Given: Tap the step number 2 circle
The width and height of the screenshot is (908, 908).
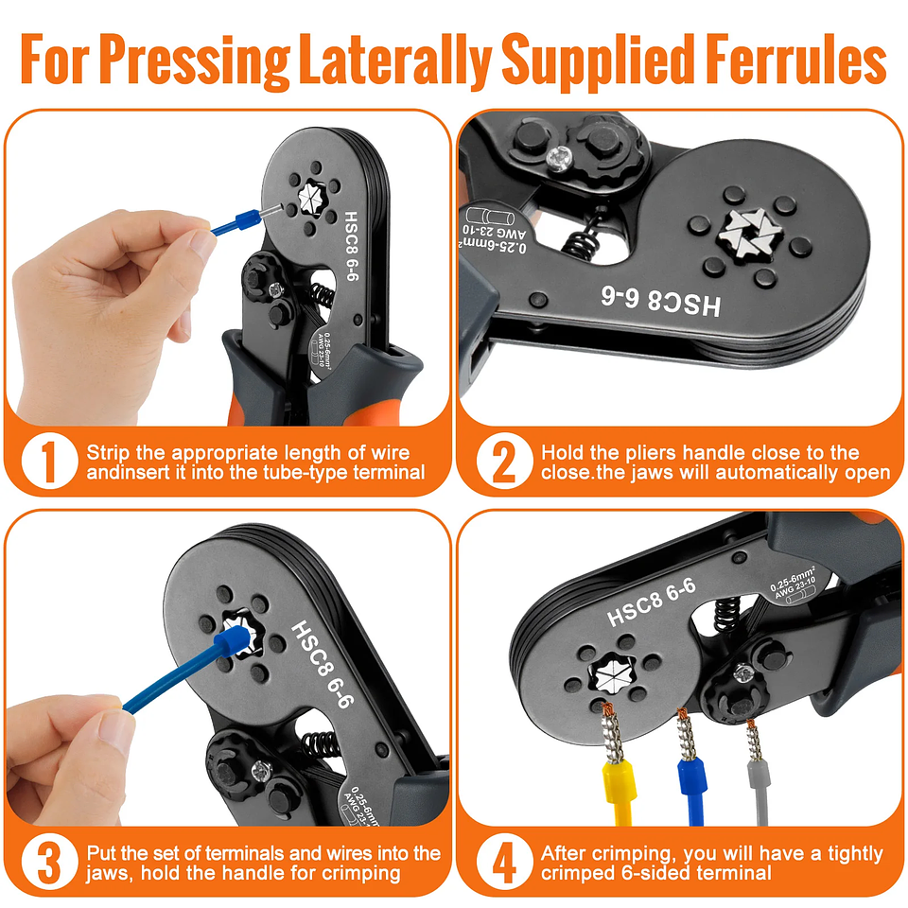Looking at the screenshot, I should (499, 462).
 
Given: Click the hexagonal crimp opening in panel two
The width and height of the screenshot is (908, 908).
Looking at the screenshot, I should (749, 233).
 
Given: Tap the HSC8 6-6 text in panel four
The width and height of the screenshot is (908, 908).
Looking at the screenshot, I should (652, 602).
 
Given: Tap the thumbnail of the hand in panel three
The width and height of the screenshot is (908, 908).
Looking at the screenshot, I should (116, 729).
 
